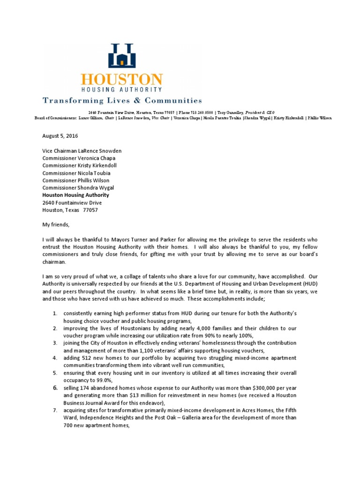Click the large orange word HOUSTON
121,80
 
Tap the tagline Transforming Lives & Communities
122,100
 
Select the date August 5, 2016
60,136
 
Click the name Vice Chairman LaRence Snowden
82,151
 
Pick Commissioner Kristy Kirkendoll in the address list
80,166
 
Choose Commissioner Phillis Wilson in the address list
76,180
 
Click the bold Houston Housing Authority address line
75,195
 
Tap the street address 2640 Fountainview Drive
72,202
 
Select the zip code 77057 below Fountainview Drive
90,210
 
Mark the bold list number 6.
55,388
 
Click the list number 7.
55,411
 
